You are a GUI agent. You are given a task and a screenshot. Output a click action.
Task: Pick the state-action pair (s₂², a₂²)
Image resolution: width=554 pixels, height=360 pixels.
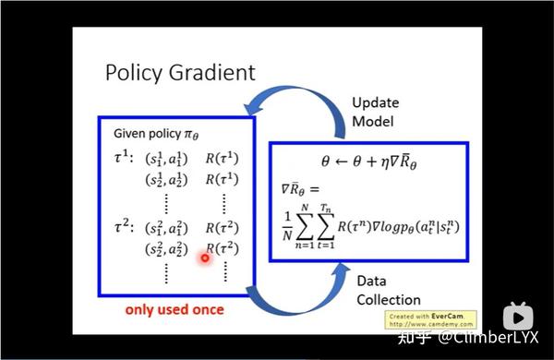tap(166, 250)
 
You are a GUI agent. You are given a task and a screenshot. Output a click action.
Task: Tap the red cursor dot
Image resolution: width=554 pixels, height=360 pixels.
tap(205, 258)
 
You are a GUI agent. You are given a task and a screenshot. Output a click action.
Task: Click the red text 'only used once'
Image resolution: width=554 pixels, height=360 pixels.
tap(174, 308)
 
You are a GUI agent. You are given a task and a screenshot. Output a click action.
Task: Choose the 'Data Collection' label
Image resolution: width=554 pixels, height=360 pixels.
tap(386, 291)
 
